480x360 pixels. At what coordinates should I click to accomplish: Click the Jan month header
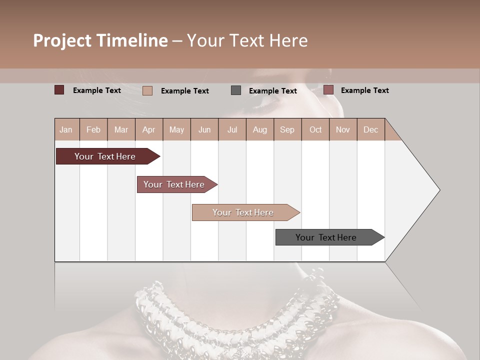pyautogui.click(x=66, y=129)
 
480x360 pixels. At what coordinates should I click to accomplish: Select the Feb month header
pyautogui.click(x=93, y=129)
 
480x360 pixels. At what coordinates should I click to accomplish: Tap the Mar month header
pyautogui.click(x=121, y=129)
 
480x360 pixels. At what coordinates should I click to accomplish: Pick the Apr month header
pyautogui.click(x=148, y=129)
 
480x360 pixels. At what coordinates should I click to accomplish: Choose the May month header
pyautogui.click(x=176, y=129)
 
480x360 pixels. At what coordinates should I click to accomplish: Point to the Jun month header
pyautogui.click(x=204, y=129)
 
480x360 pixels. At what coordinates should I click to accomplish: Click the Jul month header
pyautogui.click(x=232, y=129)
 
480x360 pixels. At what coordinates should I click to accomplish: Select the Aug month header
pyautogui.click(x=259, y=129)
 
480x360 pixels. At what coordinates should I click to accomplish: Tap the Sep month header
pyautogui.click(x=287, y=129)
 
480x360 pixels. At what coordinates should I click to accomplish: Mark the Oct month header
pyautogui.click(x=315, y=129)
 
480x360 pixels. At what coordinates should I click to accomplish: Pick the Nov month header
pyautogui.click(x=343, y=129)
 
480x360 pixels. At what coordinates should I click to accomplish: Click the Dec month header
pyautogui.click(x=370, y=129)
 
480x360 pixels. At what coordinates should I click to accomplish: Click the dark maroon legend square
pyautogui.click(x=59, y=90)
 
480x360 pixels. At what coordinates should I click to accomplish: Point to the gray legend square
pyautogui.click(x=236, y=90)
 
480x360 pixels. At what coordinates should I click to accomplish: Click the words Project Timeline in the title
pyautogui.click(x=100, y=40)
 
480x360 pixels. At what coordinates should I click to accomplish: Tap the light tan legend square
pyautogui.click(x=147, y=90)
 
